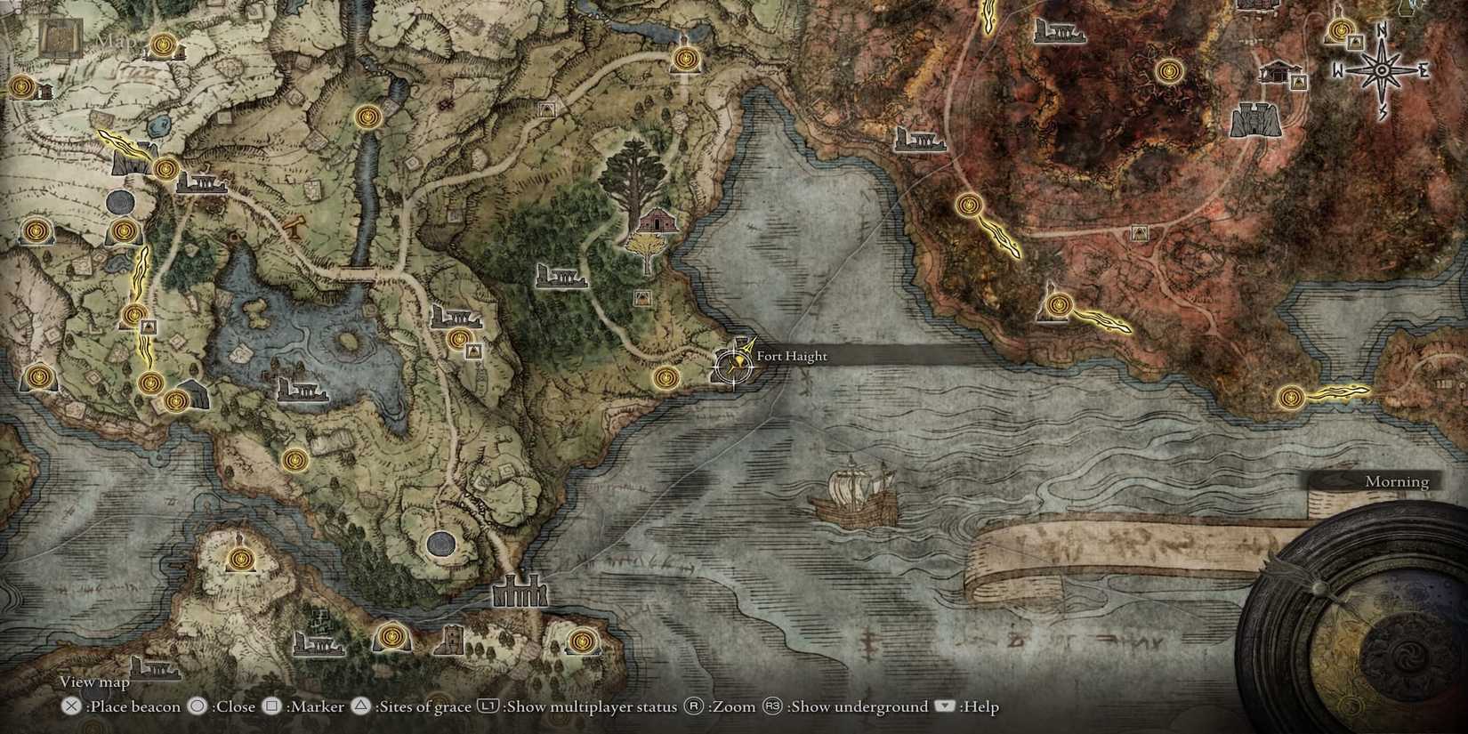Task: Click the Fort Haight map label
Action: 791,356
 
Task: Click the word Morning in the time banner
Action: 1397,481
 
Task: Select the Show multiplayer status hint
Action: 578,706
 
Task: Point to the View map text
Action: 94,682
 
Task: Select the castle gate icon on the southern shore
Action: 520,591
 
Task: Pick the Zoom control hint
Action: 721,706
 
